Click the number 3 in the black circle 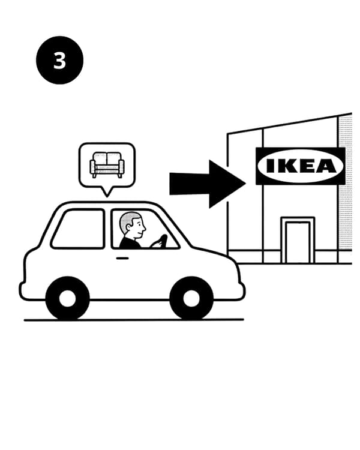(x=60, y=61)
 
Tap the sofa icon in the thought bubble (x=107, y=164)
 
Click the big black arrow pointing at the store (x=208, y=184)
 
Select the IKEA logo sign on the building (x=300, y=166)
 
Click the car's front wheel (x=191, y=298)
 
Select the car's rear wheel (x=68, y=298)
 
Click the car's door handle (x=122, y=258)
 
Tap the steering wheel (x=160, y=241)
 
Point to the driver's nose (x=144, y=228)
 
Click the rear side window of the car (x=78, y=229)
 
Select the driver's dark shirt (x=130, y=243)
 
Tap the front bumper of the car (x=242, y=289)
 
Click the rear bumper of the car (x=22, y=291)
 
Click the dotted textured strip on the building (x=346, y=184)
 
